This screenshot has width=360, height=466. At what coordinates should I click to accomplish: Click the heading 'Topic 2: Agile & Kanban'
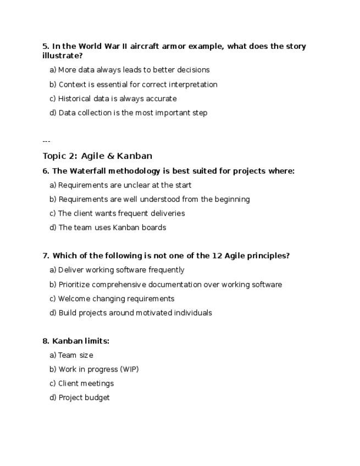pos(97,156)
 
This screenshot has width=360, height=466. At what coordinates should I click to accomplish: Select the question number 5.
pos(46,46)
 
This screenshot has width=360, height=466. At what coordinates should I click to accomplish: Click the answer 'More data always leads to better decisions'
pos(134,70)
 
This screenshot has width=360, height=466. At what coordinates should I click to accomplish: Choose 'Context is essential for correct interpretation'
pos(138,85)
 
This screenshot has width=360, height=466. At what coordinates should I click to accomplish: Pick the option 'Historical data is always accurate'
pos(117,99)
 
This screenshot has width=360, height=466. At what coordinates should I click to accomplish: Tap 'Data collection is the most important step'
pos(132,113)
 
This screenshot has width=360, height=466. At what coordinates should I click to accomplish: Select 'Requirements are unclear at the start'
pos(125,185)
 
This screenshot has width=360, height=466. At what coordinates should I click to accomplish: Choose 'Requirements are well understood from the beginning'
pos(154,199)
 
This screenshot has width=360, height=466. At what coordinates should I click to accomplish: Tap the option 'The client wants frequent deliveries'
pos(121,213)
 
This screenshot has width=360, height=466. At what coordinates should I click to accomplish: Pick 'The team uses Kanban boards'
pos(112,228)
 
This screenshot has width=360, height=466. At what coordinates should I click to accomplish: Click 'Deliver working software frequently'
pos(121,270)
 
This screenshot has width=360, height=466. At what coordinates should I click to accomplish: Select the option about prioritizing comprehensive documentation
pos(170,285)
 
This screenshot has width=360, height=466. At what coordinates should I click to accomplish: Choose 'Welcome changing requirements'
pos(116,299)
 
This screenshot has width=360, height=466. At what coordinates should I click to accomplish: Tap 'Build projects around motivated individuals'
pos(135,313)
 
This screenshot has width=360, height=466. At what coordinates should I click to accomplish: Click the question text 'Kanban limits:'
pos(81,341)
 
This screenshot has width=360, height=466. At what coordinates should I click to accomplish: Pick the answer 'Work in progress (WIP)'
pos(98,369)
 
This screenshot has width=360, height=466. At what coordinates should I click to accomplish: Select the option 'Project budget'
pos(84,397)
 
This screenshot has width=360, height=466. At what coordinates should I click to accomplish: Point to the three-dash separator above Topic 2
pos(46,141)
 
